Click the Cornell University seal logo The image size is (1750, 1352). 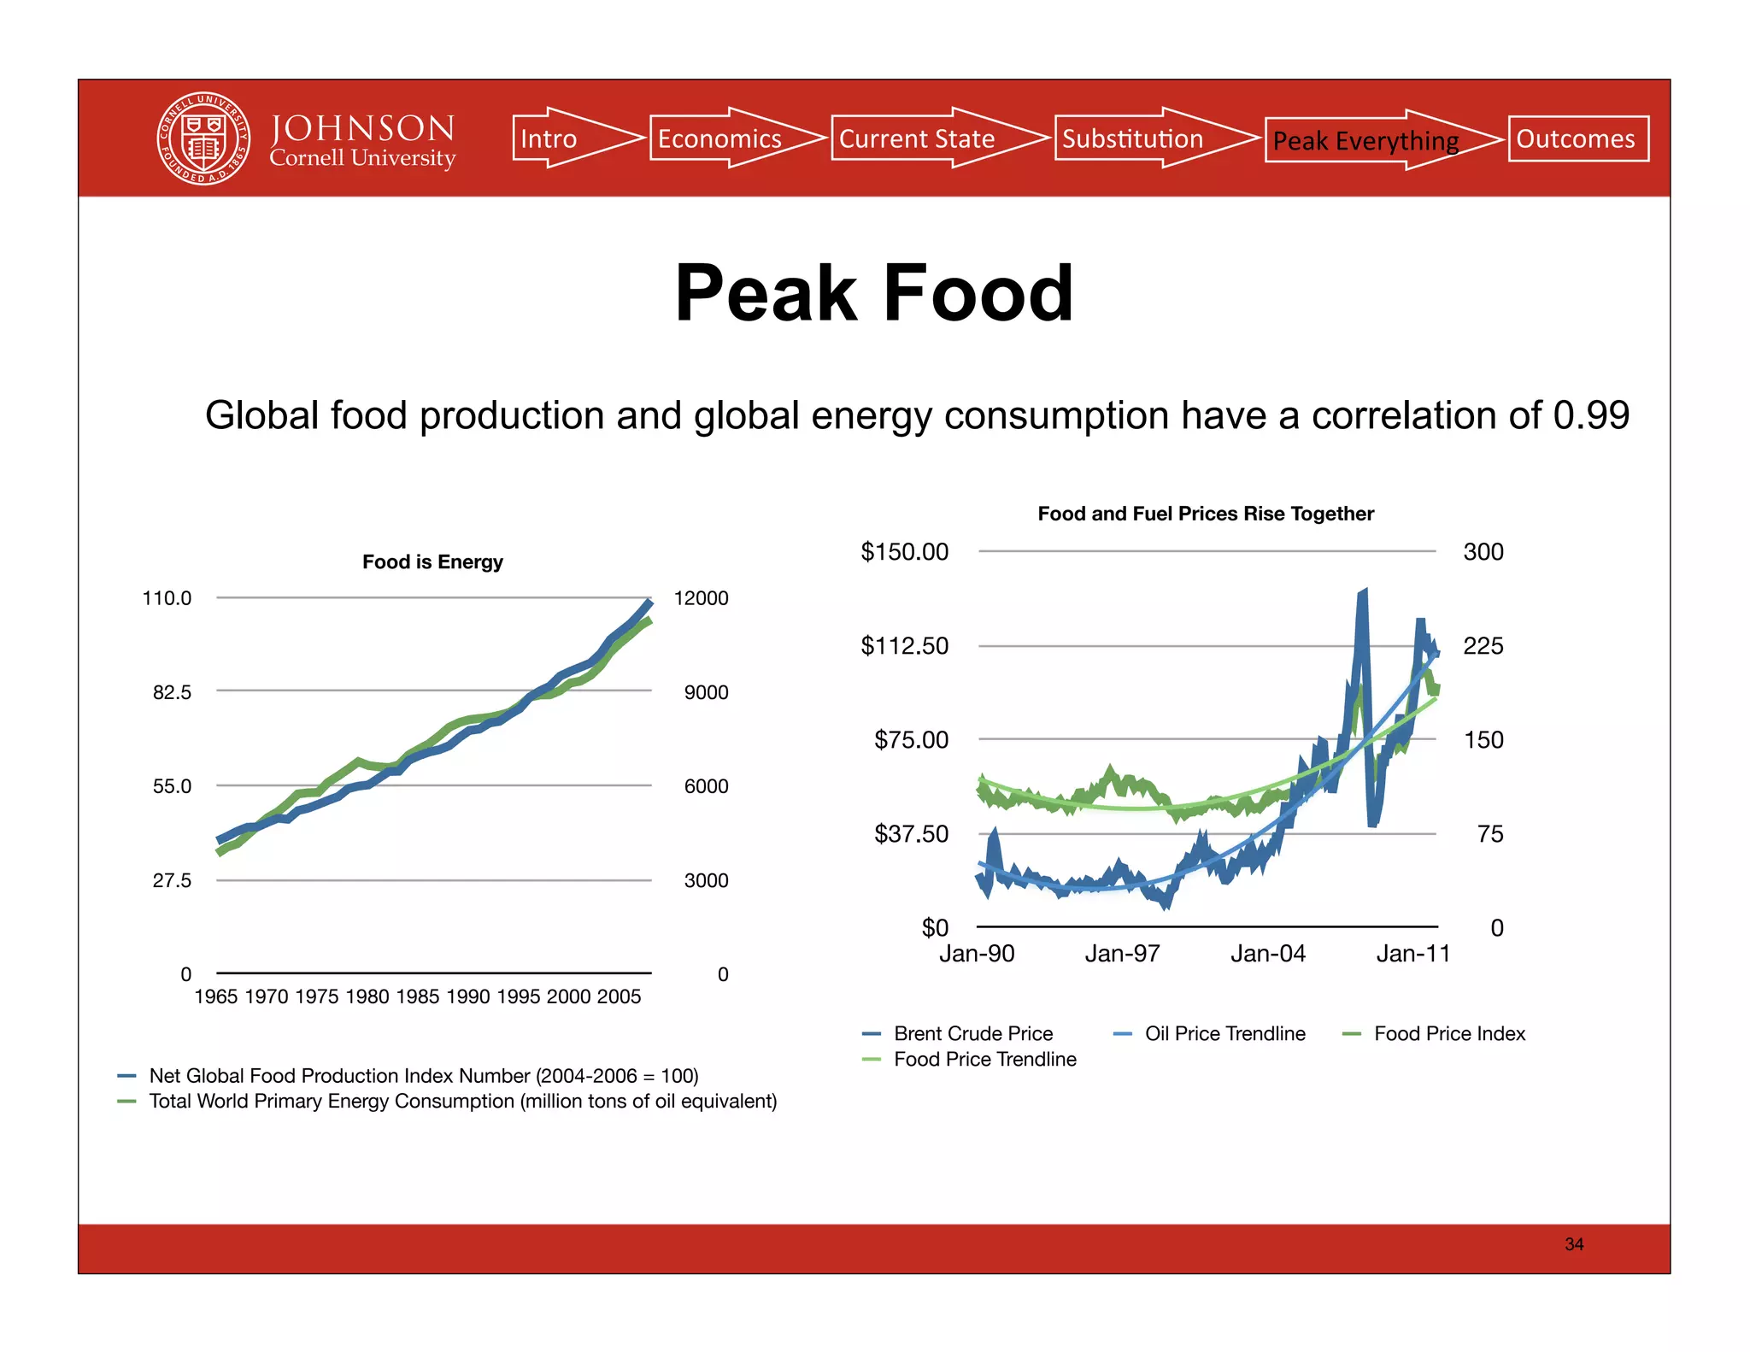tap(203, 138)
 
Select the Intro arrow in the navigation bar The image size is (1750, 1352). tap(564, 138)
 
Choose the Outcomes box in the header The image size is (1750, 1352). tap(1577, 138)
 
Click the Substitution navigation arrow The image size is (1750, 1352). tap(1141, 138)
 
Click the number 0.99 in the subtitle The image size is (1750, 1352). tap(1591, 415)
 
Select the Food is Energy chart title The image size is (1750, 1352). tap(432, 561)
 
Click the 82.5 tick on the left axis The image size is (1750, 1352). tap(172, 692)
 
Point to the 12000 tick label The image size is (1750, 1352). tap(701, 598)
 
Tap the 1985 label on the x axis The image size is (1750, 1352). tap(418, 996)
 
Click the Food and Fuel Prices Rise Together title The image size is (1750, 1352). tap(1205, 514)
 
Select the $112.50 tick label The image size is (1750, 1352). tap(904, 645)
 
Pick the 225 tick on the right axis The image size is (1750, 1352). tap(1483, 645)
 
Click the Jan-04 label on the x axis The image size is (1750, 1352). tap(1267, 954)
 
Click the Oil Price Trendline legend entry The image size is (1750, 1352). tap(1224, 1033)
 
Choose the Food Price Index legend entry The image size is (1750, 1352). tap(1448, 1033)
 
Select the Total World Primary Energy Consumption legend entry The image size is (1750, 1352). tap(462, 1101)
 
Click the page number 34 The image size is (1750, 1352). tap(1574, 1244)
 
